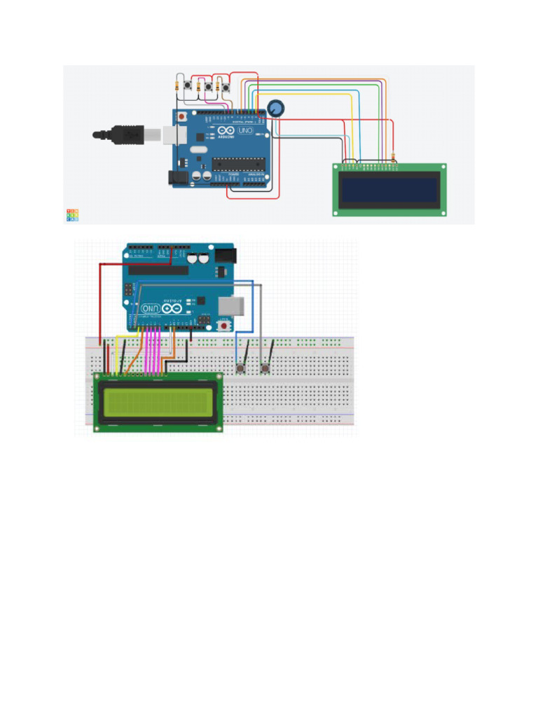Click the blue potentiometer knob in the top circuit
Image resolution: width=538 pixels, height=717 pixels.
276,109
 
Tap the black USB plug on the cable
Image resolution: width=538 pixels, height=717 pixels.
126,134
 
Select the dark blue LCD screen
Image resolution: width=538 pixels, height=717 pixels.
389,189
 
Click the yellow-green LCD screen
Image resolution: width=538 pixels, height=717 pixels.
158,401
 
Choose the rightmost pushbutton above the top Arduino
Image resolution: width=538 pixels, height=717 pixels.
226,88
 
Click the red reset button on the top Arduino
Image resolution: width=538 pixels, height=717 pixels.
182,116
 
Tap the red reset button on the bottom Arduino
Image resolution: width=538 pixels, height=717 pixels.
224,324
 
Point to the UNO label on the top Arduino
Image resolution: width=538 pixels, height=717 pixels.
245,131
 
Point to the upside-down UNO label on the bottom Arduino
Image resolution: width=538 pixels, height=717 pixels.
150,308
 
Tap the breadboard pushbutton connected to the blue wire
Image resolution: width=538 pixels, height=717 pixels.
241,368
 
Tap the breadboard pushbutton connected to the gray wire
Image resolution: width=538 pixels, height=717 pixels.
265,368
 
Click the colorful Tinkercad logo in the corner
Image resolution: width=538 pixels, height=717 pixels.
72,215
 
